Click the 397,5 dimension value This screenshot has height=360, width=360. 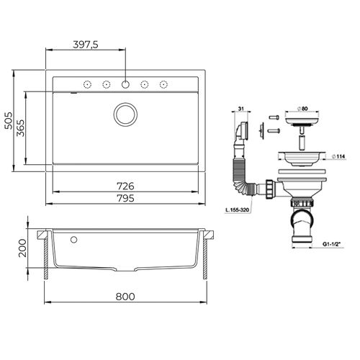point(86,44)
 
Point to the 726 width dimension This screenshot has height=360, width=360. point(127,186)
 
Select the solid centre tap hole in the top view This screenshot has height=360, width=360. point(125,84)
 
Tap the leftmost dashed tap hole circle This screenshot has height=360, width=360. point(86,84)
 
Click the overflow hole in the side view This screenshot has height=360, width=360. point(73,238)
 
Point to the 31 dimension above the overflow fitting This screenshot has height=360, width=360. point(240,109)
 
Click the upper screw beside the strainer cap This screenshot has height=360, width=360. point(274,117)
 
